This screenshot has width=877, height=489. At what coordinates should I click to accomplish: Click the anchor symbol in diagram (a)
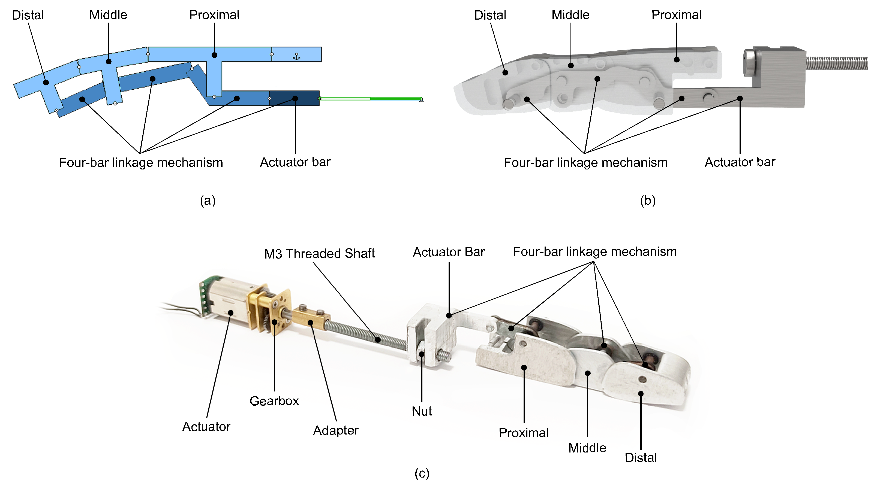(296, 56)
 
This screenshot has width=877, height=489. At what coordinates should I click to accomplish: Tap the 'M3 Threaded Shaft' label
(319, 253)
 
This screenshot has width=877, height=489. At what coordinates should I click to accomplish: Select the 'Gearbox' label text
(274, 401)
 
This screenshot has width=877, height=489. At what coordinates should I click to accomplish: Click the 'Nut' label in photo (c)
(422, 411)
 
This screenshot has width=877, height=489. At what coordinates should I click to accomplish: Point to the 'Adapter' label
(335, 430)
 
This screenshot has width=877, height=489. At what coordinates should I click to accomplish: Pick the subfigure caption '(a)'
(208, 200)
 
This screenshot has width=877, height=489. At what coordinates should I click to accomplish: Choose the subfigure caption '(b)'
(648, 200)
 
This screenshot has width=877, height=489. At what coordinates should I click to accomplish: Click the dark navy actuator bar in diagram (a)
(295, 98)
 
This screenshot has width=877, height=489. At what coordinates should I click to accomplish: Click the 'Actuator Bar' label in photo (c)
(448, 252)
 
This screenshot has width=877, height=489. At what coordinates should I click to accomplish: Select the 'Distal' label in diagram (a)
(28, 15)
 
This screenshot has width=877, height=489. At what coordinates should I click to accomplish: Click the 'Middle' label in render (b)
(570, 15)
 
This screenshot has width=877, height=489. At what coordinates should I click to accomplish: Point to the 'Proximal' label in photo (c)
(523, 433)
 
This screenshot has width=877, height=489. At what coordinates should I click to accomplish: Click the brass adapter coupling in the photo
(311, 317)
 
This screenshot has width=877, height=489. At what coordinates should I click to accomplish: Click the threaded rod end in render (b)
(837, 63)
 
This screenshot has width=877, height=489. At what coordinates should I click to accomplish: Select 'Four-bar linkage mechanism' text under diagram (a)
(141, 163)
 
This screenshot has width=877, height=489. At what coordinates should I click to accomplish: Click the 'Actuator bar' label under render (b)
(740, 162)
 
